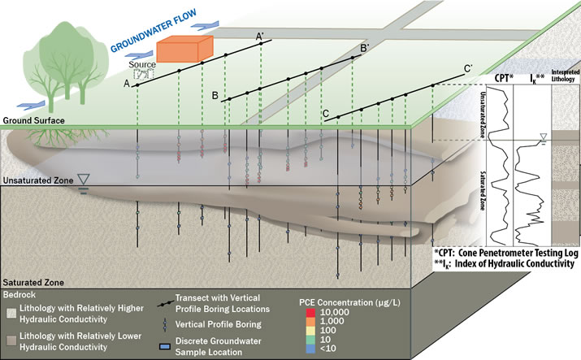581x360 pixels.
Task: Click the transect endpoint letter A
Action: pos(127,84)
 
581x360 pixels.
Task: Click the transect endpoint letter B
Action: pos(215,96)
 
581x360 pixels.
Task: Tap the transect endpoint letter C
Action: pos(326,114)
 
